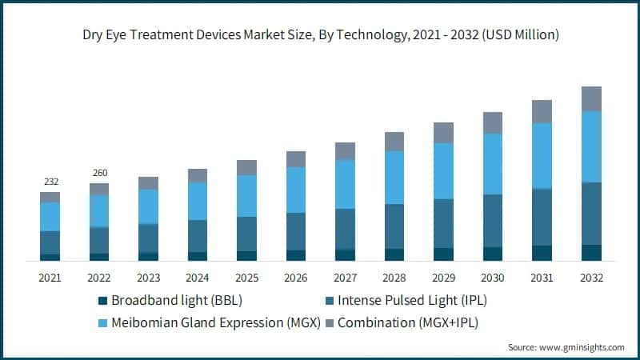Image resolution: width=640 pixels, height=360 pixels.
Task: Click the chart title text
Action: click(x=320, y=34)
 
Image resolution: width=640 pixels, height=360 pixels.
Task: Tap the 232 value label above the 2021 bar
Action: click(x=50, y=182)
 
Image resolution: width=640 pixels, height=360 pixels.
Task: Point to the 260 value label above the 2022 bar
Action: click(x=99, y=173)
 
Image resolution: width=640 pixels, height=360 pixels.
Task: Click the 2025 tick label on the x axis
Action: click(x=246, y=278)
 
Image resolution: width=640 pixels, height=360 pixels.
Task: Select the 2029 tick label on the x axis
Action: click(x=443, y=278)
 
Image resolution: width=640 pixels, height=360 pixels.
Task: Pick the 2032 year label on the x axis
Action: click(x=591, y=278)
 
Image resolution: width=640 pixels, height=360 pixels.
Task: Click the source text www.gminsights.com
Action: click(x=566, y=347)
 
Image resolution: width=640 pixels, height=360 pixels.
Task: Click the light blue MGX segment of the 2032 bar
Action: click(x=591, y=146)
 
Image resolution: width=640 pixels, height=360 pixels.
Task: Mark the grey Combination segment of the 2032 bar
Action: click(x=591, y=98)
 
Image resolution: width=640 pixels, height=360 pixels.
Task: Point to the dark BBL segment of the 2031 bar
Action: click(x=542, y=253)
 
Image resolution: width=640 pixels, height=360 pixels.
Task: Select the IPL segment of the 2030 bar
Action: click(x=493, y=221)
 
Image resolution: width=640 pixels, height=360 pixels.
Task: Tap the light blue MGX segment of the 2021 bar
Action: click(x=50, y=217)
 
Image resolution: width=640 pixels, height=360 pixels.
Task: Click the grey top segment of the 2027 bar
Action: click(x=345, y=151)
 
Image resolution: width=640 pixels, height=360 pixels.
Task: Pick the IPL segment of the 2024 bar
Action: click(x=197, y=236)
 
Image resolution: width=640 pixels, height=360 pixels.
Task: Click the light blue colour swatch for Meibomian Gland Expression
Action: click(x=102, y=323)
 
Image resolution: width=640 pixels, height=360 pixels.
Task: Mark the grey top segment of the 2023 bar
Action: click(x=148, y=183)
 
